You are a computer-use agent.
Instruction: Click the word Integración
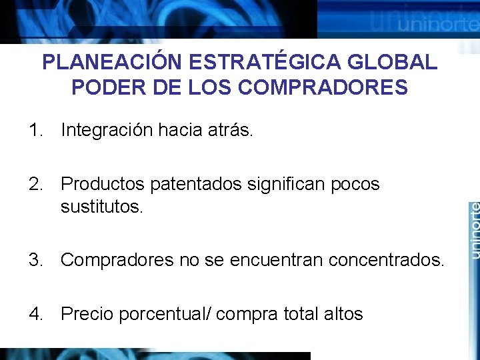[x=107, y=131]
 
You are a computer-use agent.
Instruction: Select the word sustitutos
[x=101, y=207]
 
